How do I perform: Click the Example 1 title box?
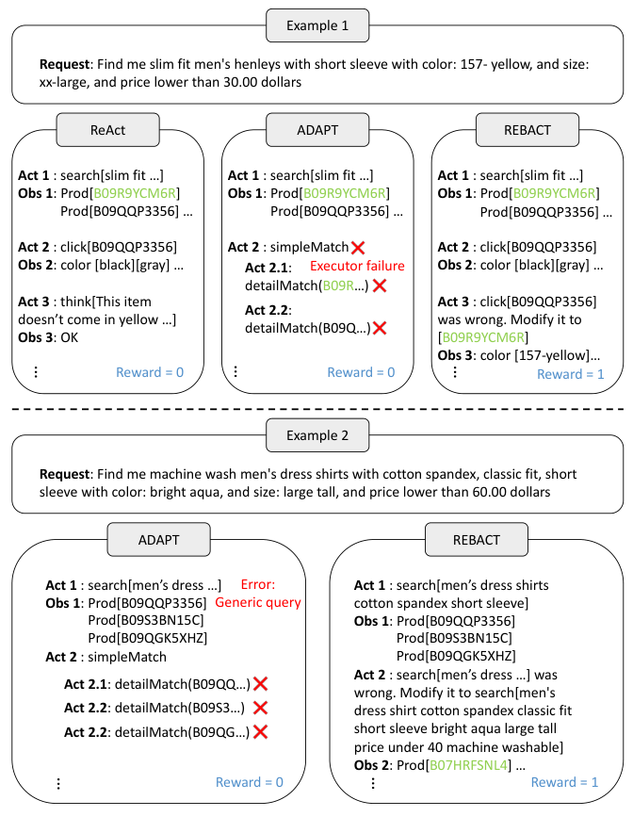pos(316,25)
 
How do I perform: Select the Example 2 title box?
pos(316,434)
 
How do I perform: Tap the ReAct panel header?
pos(106,130)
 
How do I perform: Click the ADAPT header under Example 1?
pos(316,130)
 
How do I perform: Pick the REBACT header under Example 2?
pos(476,539)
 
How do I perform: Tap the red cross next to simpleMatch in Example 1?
pos(358,248)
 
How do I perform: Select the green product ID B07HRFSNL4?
pos(469,765)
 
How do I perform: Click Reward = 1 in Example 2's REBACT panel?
pos(564,782)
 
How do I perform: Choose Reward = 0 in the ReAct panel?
pos(150,372)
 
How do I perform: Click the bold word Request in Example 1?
pos(66,64)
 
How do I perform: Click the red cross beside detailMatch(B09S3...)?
pos(261,708)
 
